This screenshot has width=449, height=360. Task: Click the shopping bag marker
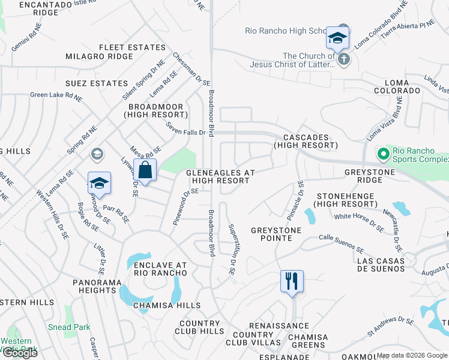pyautogui.click(x=145, y=170)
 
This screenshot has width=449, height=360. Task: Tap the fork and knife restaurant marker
pyautogui.click(x=292, y=281)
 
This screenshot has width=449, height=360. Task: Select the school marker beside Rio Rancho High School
pyautogui.click(x=338, y=40)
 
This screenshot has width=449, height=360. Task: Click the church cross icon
pyautogui.click(x=343, y=59)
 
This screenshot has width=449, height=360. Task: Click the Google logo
pyautogui.click(x=20, y=352)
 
